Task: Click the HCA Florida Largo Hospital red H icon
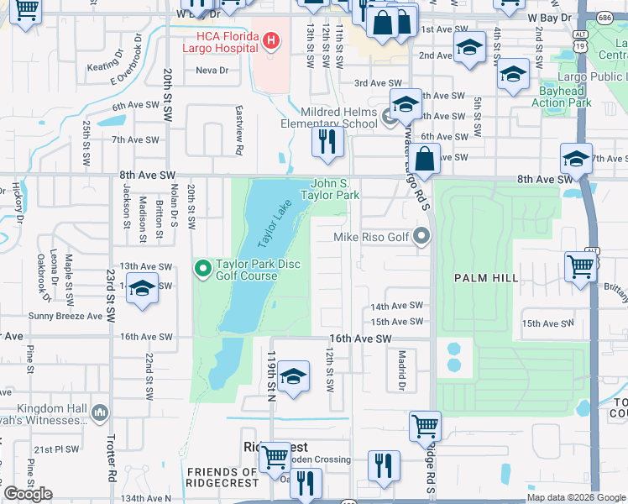pyautogui.click(x=271, y=39)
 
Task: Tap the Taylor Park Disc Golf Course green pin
pyautogui.click(x=202, y=269)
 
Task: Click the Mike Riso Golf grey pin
pyautogui.click(x=422, y=238)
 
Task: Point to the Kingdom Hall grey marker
pyautogui.click(x=101, y=412)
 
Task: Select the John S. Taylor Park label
pyautogui.click(x=335, y=189)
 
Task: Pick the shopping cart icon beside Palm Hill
pyautogui.click(x=581, y=268)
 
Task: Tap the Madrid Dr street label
pyautogui.click(x=401, y=370)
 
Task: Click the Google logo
pyautogui.click(x=28, y=495)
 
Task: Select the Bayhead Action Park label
pyautogui.click(x=562, y=97)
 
